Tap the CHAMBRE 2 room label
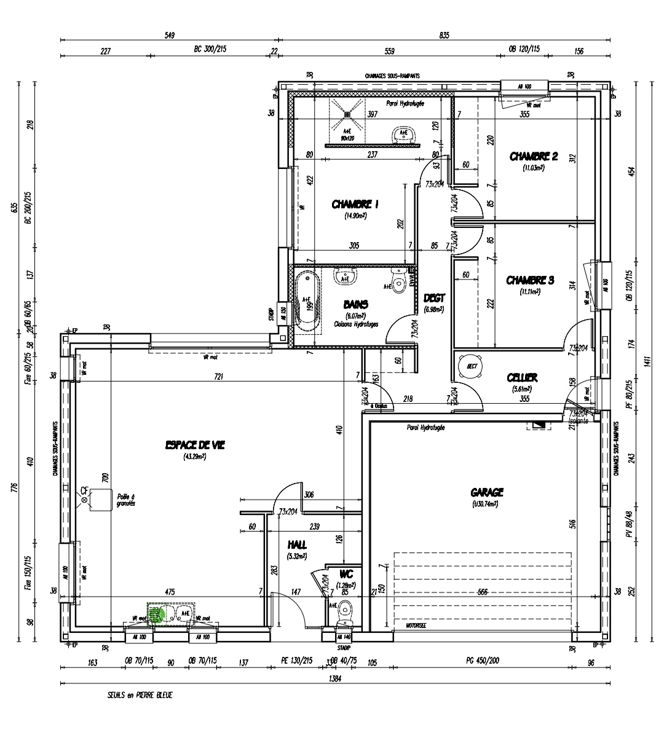coord(533,157)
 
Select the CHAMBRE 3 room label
coord(530,280)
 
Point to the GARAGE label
coord(487,492)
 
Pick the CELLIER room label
coord(523,377)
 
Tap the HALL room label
coord(297,545)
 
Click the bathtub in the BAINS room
coord(306,303)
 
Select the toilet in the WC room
coord(345,611)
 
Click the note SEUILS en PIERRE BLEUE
coord(140,696)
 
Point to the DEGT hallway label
coord(434,298)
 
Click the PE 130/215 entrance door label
coord(296,661)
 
